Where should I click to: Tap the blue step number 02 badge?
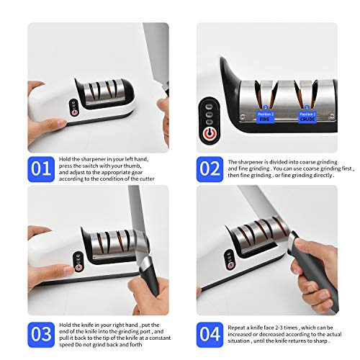point(210,169)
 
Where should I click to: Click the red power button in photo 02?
point(210,134)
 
